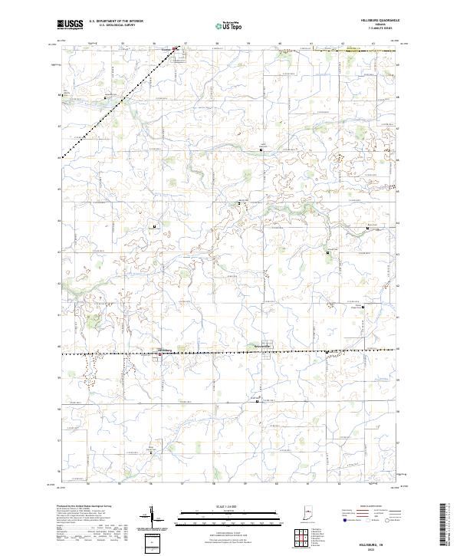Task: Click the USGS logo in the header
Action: pos(70,25)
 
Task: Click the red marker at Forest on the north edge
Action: pos(175,50)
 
